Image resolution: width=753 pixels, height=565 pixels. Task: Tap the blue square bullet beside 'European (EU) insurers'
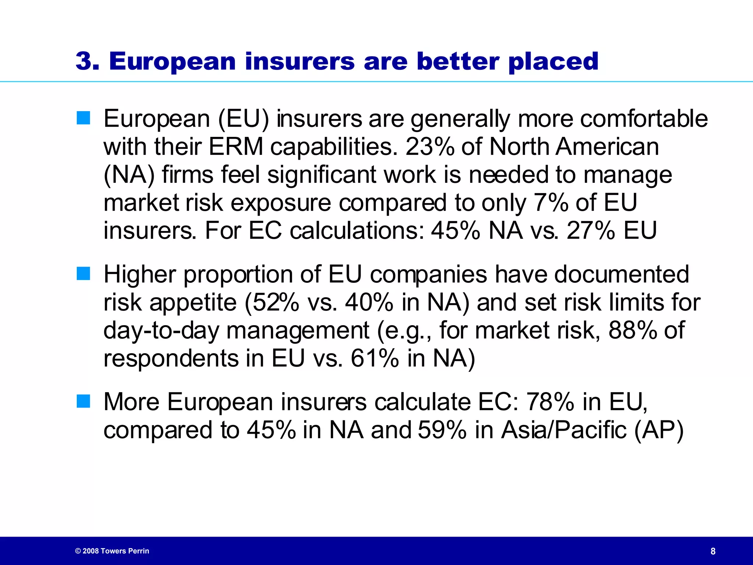(x=83, y=118)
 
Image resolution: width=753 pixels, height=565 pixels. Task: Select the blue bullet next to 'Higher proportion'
(x=83, y=274)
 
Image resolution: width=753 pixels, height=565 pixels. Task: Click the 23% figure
(x=429, y=146)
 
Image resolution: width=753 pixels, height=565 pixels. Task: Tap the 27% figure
(x=590, y=231)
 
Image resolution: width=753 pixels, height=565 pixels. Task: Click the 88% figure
(x=632, y=330)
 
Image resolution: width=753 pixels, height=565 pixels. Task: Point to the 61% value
(x=374, y=358)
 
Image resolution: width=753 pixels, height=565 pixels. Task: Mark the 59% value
(x=442, y=430)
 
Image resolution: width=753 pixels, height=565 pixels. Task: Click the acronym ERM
(x=236, y=146)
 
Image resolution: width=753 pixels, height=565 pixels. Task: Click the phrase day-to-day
(x=161, y=330)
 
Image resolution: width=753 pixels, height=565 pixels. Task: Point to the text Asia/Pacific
(x=564, y=430)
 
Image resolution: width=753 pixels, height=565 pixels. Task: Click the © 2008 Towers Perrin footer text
(x=112, y=551)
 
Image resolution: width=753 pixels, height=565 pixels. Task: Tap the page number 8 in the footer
(x=713, y=551)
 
